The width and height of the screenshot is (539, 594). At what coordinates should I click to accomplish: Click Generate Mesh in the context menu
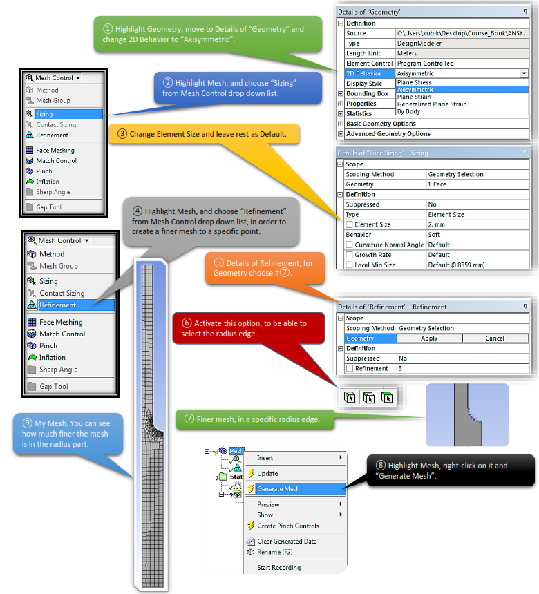click(278, 489)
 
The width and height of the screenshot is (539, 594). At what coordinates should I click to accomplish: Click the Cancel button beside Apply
click(494, 338)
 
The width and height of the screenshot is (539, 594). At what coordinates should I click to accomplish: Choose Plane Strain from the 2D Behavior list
click(415, 97)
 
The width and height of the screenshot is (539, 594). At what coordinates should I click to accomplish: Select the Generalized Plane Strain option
click(431, 104)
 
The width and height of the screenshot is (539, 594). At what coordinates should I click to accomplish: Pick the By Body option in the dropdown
click(408, 111)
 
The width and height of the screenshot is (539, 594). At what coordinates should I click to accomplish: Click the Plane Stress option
click(415, 82)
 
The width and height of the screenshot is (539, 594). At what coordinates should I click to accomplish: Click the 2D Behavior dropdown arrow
click(524, 73)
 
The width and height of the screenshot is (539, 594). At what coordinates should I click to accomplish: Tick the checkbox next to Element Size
click(349, 225)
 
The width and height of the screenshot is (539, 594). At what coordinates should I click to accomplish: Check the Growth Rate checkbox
click(349, 255)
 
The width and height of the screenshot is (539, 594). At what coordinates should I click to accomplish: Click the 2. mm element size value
click(440, 224)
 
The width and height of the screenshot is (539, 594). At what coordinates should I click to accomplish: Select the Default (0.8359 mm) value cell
click(456, 265)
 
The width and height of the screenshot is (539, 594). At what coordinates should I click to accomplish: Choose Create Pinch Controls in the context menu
click(287, 526)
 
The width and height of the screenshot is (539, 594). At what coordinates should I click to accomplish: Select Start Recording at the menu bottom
click(278, 568)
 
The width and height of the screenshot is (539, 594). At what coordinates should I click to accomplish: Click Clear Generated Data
click(287, 542)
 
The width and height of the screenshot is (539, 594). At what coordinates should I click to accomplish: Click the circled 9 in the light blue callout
click(26, 422)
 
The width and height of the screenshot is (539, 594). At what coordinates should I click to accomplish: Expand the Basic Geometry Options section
click(340, 124)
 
